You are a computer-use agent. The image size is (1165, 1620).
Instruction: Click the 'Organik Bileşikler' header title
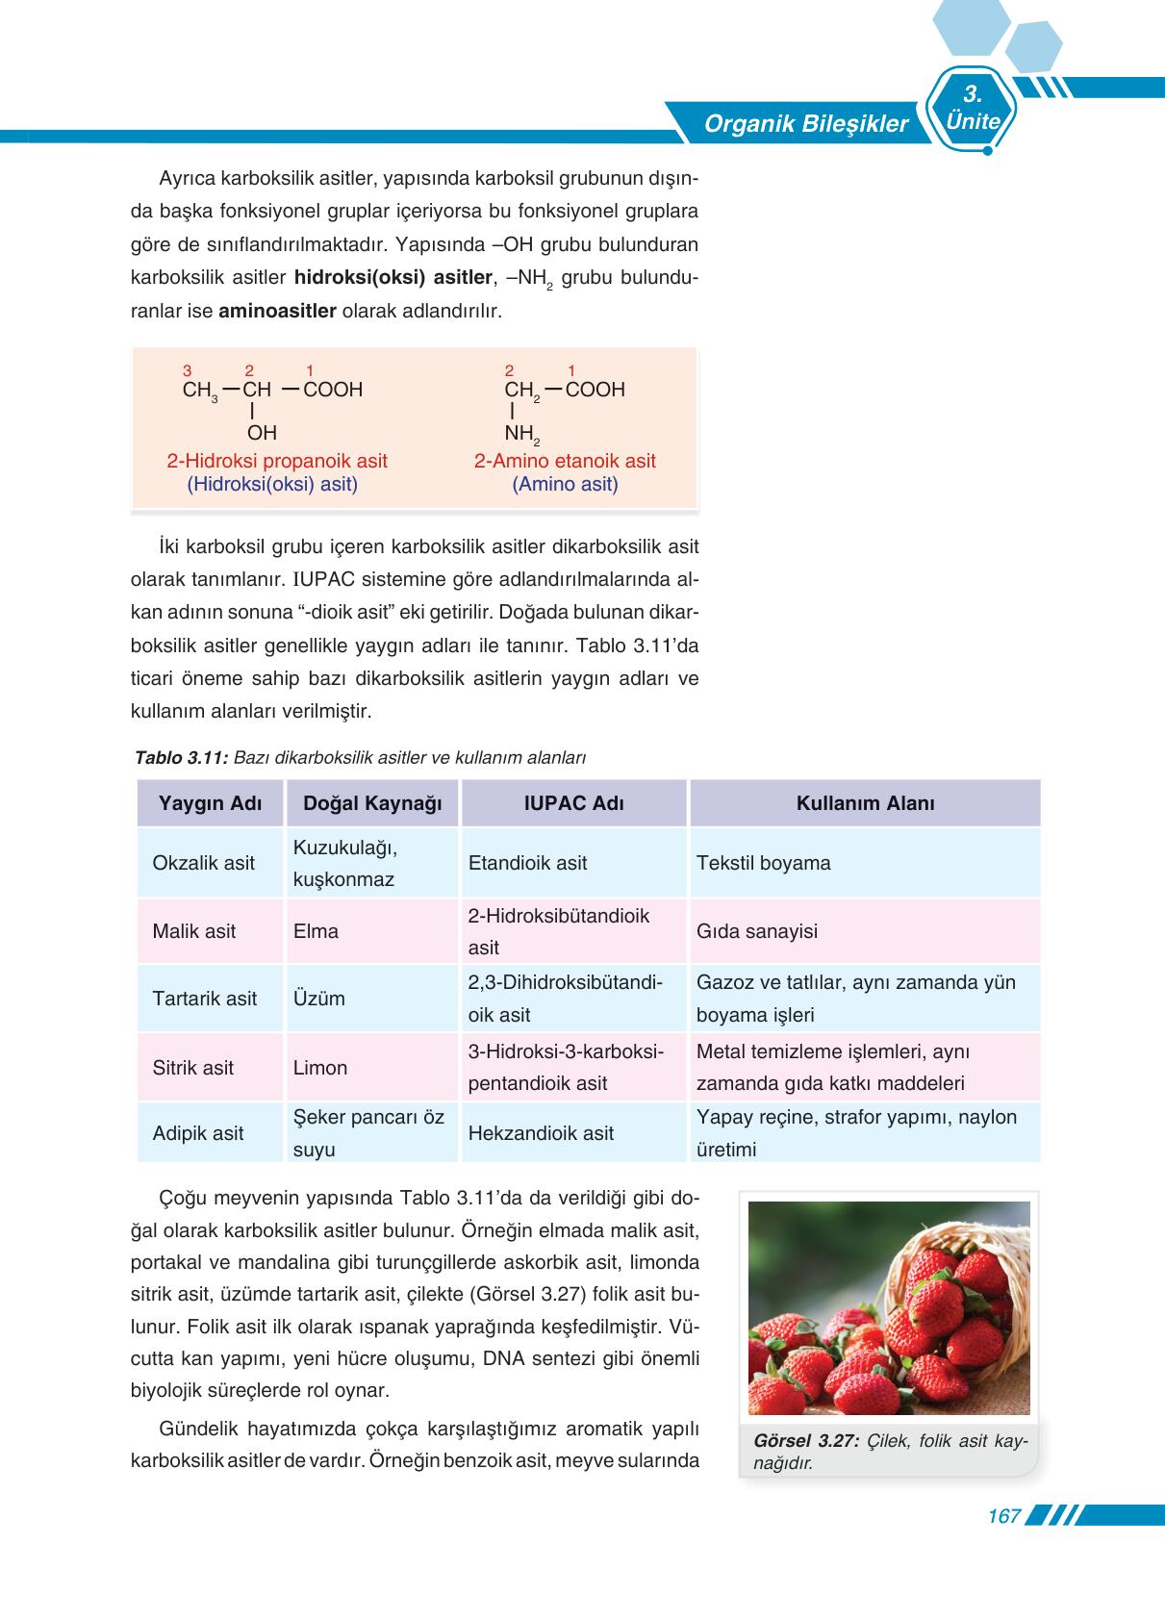pyautogui.click(x=805, y=124)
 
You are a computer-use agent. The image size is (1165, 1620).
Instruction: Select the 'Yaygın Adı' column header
pyautogui.click(x=210, y=803)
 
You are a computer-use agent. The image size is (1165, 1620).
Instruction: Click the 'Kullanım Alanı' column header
pyautogui.click(x=864, y=803)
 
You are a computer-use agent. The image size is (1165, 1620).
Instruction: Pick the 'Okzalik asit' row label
pyautogui.click(x=203, y=863)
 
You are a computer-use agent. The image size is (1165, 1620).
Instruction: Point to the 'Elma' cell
pyautogui.click(x=316, y=931)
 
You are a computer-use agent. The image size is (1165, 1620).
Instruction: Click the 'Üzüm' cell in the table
pyautogui.click(x=318, y=999)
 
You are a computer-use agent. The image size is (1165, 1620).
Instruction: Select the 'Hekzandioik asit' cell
pyautogui.click(x=541, y=1133)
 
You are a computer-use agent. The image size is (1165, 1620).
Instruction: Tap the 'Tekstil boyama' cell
pyautogui.click(x=763, y=863)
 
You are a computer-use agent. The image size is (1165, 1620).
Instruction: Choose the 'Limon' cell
pyautogui.click(x=320, y=1068)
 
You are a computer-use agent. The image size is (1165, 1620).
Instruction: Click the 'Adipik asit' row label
pyautogui.click(x=198, y=1133)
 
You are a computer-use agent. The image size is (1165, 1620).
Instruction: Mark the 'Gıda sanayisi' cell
pyautogui.click(x=756, y=931)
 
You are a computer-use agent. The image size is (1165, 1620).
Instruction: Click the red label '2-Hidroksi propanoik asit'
pyautogui.click(x=277, y=461)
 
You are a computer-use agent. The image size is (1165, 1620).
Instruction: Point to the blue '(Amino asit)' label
pyautogui.click(x=565, y=484)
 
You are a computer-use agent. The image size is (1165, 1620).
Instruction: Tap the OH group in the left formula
pyautogui.click(x=262, y=434)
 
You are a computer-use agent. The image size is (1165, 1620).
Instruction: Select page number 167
pyautogui.click(x=1003, y=1516)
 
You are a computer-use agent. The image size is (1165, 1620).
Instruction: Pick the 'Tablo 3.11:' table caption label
pyautogui.click(x=181, y=758)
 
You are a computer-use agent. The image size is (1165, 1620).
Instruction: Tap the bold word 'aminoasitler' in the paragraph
pyautogui.click(x=277, y=312)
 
